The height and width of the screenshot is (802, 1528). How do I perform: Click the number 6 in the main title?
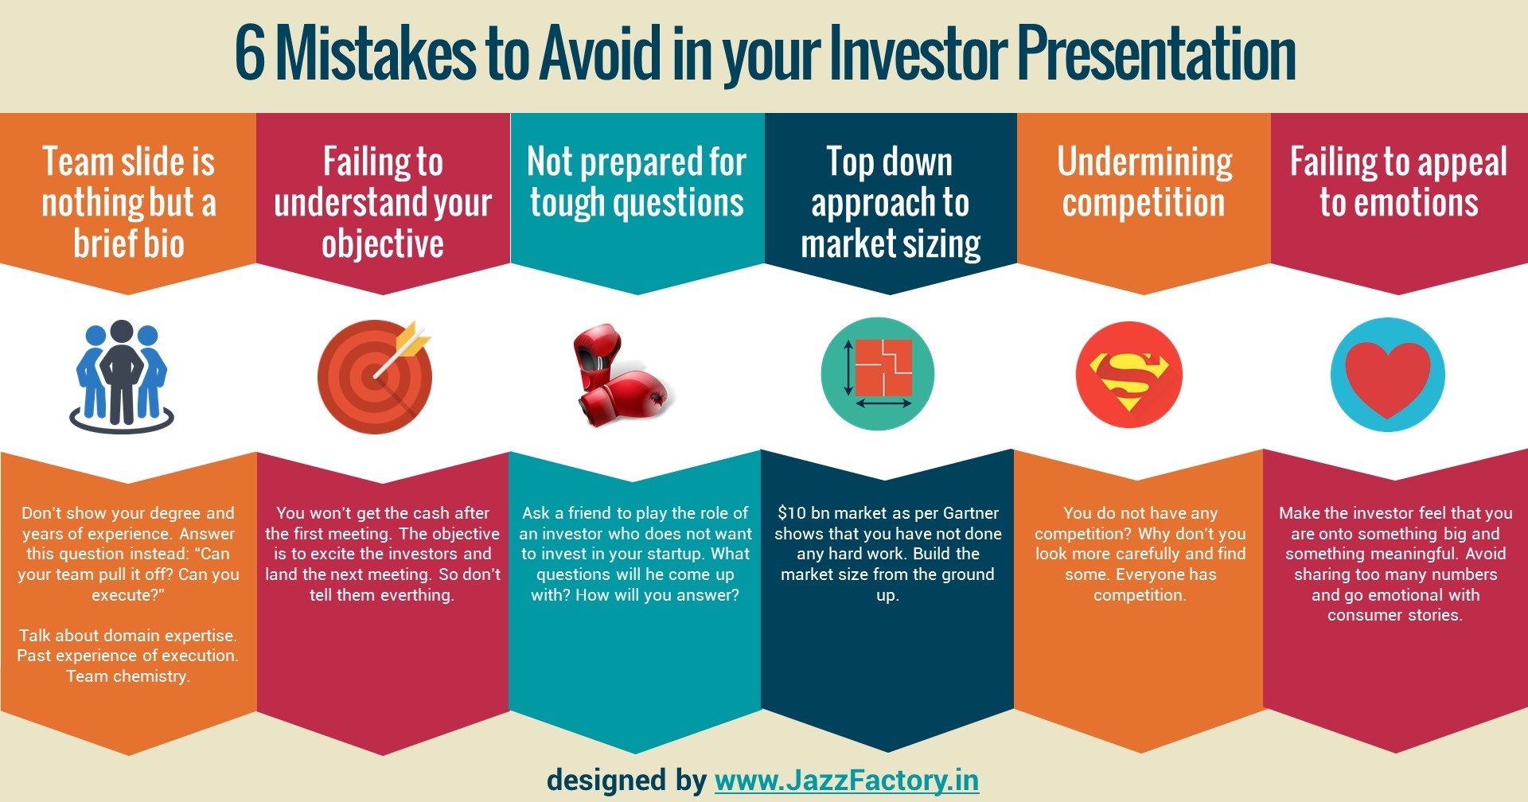point(250,54)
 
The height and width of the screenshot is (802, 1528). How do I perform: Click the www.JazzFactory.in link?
point(847,780)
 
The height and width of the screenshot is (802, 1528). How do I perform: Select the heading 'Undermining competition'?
point(1144,182)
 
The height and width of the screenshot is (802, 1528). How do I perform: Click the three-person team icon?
point(121,376)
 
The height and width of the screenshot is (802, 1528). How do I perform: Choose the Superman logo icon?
point(1128,375)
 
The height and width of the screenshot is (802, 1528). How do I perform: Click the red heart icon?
point(1387,375)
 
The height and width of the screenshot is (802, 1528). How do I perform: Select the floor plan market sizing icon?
point(878,374)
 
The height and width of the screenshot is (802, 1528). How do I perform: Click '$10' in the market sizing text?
point(792,513)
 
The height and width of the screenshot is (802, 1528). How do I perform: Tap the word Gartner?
point(970,513)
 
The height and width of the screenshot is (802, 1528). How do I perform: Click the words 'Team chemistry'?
point(127,676)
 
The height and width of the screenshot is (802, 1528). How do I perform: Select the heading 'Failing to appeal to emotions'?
point(1398,182)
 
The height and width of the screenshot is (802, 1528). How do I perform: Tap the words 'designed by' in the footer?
point(626,780)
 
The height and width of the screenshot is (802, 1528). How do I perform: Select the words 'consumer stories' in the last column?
point(1394,615)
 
